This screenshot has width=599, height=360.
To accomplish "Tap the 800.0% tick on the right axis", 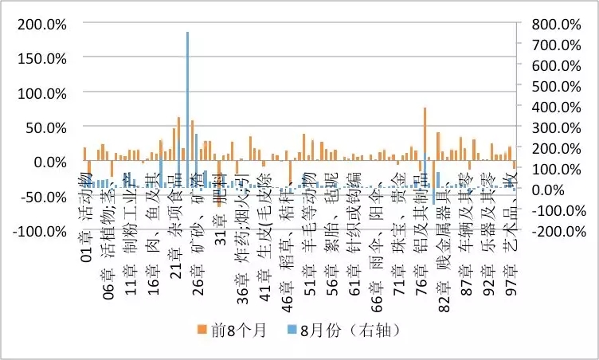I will [x=556, y=24].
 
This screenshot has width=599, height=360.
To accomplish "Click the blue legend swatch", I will [x=303, y=328].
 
